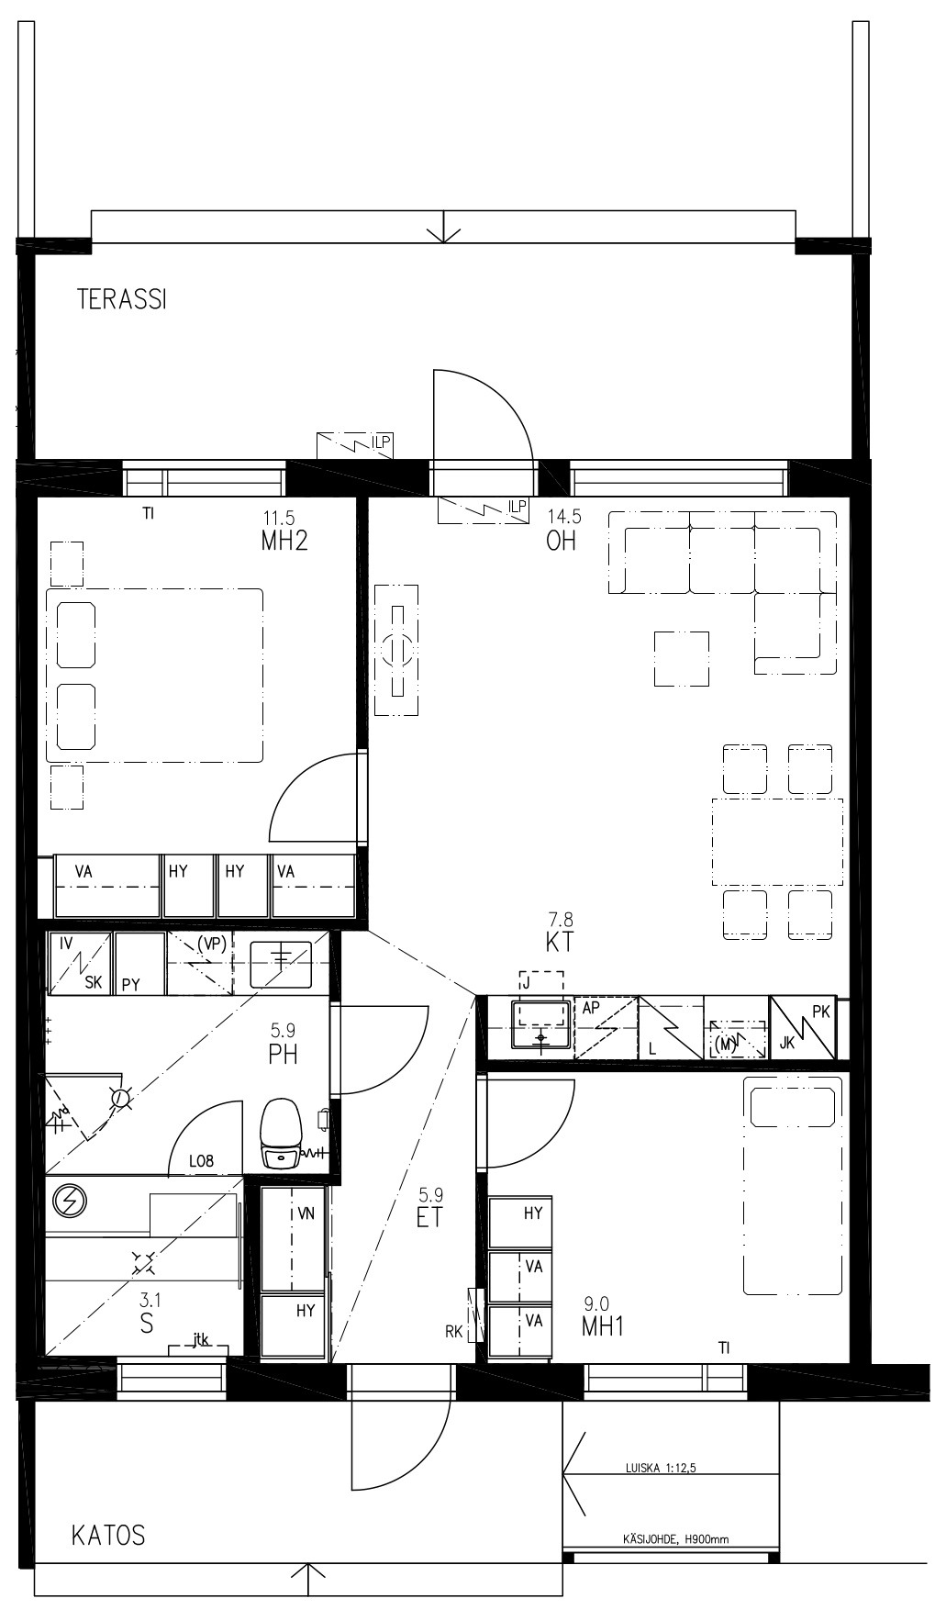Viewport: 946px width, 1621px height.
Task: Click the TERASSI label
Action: tap(122, 299)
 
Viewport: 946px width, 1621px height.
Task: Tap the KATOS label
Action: tap(108, 1535)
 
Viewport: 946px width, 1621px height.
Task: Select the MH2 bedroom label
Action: tap(284, 540)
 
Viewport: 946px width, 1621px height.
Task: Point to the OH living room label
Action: tap(561, 540)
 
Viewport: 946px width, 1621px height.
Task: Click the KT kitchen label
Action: tap(559, 942)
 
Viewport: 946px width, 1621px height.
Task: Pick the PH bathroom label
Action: tap(283, 1055)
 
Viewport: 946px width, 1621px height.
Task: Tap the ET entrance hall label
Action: tap(429, 1217)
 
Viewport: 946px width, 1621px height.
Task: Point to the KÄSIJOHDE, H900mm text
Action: tap(674, 1539)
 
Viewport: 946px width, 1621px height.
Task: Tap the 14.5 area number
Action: tap(564, 516)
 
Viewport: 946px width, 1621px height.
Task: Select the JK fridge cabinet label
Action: tap(787, 1043)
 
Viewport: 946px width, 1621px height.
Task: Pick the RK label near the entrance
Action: tap(454, 1331)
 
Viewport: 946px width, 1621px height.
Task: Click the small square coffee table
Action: tap(681, 659)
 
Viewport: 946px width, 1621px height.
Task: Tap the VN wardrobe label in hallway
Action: tap(306, 1213)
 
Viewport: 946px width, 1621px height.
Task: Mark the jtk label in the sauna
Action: tap(201, 1340)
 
